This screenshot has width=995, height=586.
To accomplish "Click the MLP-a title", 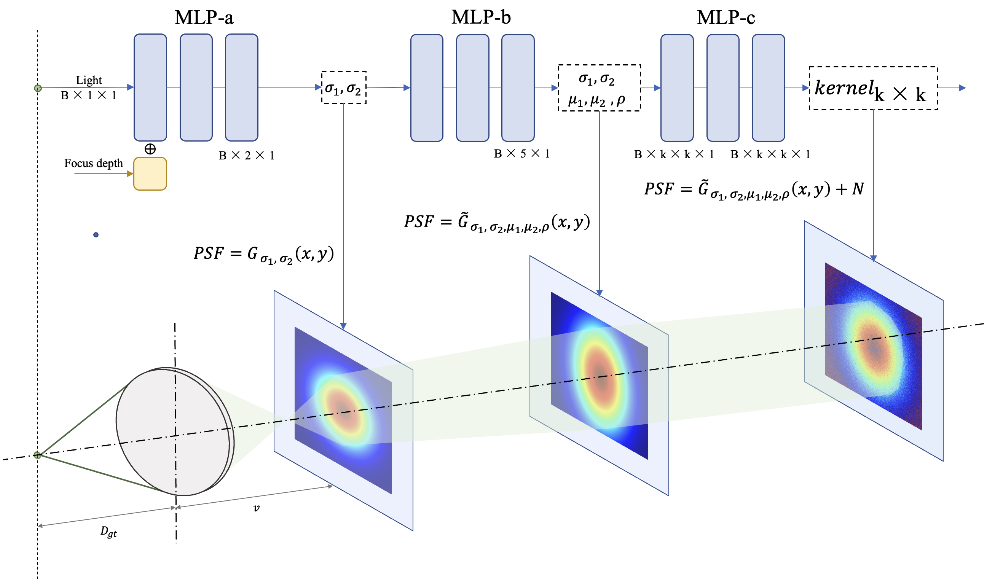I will (x=204, y=18).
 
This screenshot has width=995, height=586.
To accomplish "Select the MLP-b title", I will (x=481, y=18).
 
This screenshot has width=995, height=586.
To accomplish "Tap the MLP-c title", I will (x=726, y=18).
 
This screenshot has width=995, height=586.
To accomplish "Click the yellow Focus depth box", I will (x=150, y=174).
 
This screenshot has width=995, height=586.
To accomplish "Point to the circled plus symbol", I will (x=150, y=149).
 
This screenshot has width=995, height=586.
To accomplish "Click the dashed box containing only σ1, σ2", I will (x=344, y=88).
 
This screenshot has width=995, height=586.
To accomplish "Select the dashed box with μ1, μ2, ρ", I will (x=599, y=88).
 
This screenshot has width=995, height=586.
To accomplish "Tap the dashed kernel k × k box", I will (x=873, y=88).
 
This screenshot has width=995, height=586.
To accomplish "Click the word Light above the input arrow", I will (x=89, y=80).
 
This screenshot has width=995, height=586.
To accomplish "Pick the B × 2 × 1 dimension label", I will (x=247, y=156).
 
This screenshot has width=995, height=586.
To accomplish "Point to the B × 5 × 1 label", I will (x=522, y=154).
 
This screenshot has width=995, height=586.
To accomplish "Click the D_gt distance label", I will (x=108, y=532).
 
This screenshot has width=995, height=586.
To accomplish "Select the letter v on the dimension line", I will (x=256, y=508).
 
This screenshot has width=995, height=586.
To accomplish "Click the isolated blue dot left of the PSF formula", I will (x=96, y=235).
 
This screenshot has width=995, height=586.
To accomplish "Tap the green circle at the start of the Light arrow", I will (x=38, y=88).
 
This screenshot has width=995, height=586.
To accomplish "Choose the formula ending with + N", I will (x=754, y=189).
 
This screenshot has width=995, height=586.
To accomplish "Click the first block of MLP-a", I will (x=150, y=87).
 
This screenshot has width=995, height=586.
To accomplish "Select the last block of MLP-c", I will (x=768, y=88).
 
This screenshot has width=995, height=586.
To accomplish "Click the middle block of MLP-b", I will (x=472, y=88).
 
